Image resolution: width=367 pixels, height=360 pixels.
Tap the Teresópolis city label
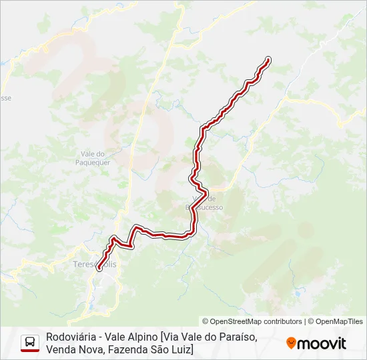pyautogui.click(x=94, y=265)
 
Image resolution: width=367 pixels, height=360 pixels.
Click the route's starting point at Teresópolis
pyautogui.click(x=99, y=269)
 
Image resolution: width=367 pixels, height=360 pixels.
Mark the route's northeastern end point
pyautogui.click(x=268, y=59)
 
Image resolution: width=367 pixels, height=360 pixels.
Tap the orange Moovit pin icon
pyautogui.click(x=291, y=343)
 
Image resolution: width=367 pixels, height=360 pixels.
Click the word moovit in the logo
pyautogui.click(x=322, y=343)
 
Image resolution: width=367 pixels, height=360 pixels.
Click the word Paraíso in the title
pyautogui.click(x=238, y=337)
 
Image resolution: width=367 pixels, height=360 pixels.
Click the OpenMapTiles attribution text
pyautogui.click(x=339, y=321)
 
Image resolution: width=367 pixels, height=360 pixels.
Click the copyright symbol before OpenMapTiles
pyautogui.click(x=310, y=321)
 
